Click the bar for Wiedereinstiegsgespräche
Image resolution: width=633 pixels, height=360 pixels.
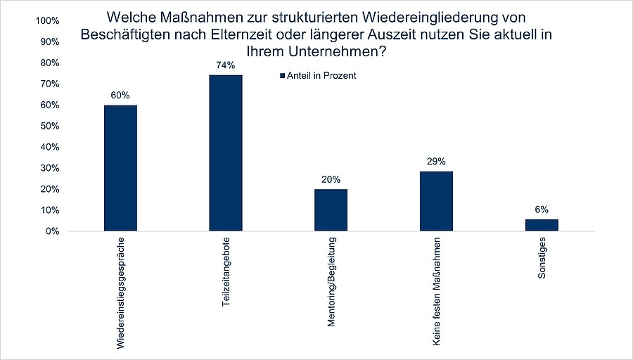(120, 168)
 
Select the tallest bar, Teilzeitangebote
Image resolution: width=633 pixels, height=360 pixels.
(226, 153)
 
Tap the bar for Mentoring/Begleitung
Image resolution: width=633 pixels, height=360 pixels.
(331, 210)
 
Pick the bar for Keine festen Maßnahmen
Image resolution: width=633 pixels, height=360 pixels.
(436, 201)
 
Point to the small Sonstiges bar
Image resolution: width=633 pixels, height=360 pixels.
(542, 225)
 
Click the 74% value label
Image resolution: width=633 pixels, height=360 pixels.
(226, 65)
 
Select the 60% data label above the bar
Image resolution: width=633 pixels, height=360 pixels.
(120, 95)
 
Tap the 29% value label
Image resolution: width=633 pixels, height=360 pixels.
(436, 161)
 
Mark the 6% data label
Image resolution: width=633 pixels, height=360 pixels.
(542, 209)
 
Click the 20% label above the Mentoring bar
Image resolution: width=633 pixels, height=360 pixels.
(331, 179)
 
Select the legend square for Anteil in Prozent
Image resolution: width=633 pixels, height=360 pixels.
(283, 76)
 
